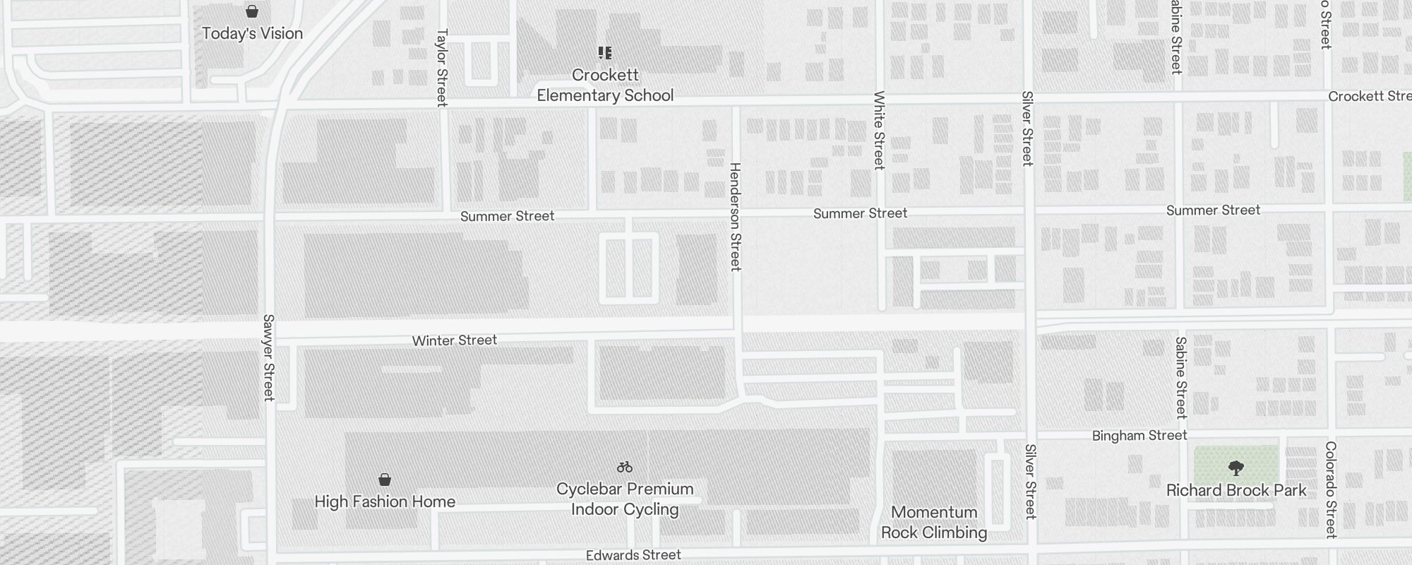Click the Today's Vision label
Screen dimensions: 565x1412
coord(252,33)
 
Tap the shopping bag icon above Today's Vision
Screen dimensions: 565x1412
coord(251,11)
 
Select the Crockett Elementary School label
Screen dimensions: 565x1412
coord(605,85)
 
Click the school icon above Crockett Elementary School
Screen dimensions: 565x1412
coord(605,53)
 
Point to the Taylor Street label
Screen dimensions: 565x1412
coord(442,68)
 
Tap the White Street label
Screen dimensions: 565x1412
coord(879,130)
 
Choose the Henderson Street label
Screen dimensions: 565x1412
coord(735,216)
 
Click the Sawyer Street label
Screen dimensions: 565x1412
coord(268,357)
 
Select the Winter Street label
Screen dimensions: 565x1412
coord(455,340)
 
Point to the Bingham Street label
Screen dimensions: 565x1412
coord(1139,436)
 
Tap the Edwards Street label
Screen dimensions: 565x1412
coord(633,555)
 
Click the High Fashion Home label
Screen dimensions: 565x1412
coord(385,501)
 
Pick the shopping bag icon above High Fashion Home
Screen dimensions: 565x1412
coord(385,480)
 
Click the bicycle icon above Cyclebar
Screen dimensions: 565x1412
coord(625,467)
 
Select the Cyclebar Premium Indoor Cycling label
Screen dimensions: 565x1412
coord(625,499)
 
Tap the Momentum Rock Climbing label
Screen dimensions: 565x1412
coord(934,522)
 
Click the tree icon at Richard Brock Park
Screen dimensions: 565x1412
coord(1235,468)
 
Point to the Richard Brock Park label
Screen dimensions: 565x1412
coord(1236,490)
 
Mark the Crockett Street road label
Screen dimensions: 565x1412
coord(1369,96)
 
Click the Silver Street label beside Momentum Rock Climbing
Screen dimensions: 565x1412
coord(1030,481)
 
